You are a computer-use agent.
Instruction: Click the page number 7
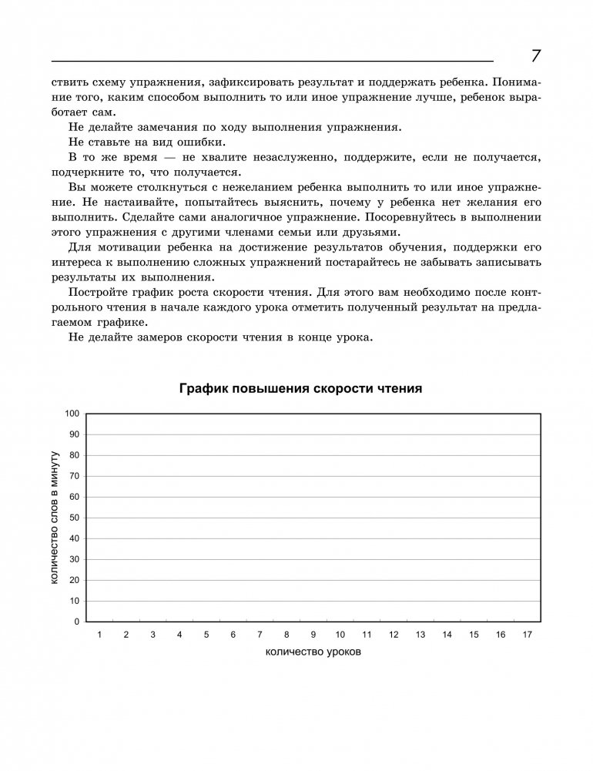point(536,56)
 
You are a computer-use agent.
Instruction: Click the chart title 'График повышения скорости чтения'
point(300,389)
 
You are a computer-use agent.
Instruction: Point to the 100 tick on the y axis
point(72,414)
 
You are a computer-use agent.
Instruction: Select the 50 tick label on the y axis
point(75,518)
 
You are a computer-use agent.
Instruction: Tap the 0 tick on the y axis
point(77,622)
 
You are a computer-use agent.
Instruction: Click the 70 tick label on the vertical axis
point(75,476)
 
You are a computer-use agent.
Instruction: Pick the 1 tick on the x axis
point(99,635)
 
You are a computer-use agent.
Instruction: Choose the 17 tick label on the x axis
point(527,635)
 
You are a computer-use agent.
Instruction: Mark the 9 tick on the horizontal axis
point(313,635)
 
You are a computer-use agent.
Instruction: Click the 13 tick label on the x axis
point(420,635)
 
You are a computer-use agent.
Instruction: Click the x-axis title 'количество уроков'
point(313,652)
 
